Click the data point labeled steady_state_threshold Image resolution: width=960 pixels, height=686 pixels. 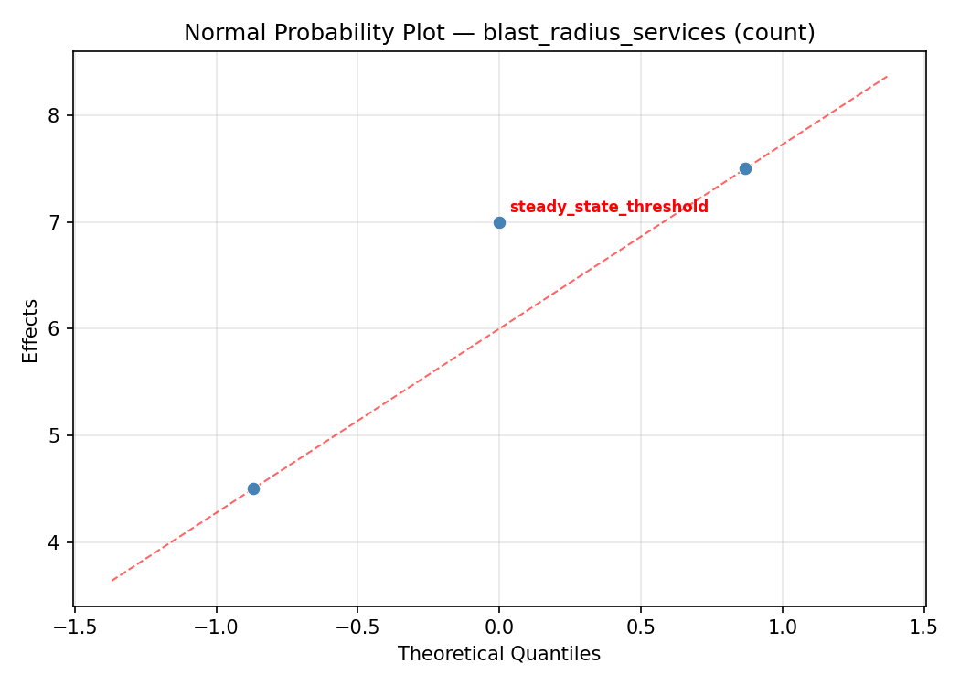click(x=499, y=222)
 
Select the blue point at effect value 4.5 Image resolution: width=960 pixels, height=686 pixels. click(x=253, y=488)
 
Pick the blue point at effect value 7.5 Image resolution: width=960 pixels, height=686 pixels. click(x=745, y=168)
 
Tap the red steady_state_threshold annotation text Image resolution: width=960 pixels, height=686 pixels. click(x=609, y=207)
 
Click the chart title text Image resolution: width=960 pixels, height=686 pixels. click(x=499, y=33)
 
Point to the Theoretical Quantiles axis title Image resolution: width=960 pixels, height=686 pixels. click(x=499, y=654)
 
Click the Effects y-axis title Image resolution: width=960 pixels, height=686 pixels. click(x=31, y=330)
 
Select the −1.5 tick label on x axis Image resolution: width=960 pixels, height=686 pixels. click(x=74, y=627)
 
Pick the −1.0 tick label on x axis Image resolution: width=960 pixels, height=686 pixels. click(x=216, y=627)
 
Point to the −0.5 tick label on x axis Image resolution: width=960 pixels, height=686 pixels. click(x=357, y=627)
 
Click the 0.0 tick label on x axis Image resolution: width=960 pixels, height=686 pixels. click(x=499, y=627)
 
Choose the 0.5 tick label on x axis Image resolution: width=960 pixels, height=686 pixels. click(x=640, y=627)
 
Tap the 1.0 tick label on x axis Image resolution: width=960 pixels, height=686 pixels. click(x=782, y=627)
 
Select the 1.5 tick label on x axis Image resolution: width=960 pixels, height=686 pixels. click(x=923, y=627)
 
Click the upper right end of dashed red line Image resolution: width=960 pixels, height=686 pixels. click(x=887, y=76)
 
